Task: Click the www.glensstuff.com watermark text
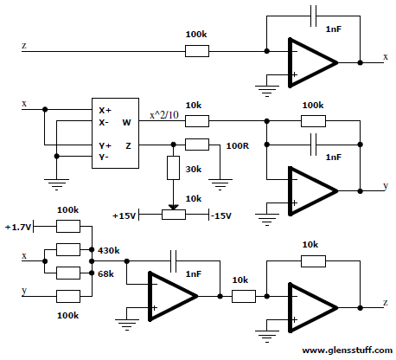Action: point(347,350)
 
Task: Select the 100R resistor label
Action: point(237,145)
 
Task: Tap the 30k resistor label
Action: point(193,169)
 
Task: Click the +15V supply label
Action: point(124,215)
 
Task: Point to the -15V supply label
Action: point(221,215)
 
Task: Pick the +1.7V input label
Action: point(18,228)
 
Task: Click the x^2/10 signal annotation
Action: point(164,115)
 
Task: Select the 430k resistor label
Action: point(108,250)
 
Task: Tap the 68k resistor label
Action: point(105,273)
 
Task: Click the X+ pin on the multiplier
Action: point(105,111)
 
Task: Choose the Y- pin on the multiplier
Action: point(104,157)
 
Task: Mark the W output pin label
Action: point(126,123)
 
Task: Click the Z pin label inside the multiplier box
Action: point(128,145)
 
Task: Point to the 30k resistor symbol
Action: point(173,168)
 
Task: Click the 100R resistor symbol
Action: point(197,145)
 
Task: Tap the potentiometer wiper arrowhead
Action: point(173,207)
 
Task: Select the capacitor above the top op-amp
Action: point(313,16)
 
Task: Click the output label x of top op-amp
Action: point(386,57)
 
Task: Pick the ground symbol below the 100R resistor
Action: point(220,184)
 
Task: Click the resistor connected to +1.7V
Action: point(68,226)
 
